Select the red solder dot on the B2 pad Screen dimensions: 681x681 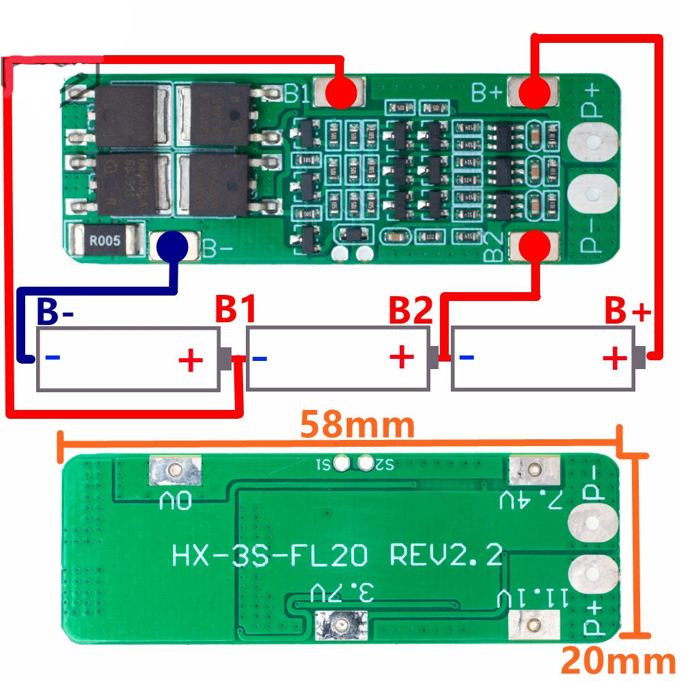pyautogui.click(x=535, y=245)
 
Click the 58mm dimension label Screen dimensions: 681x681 pyautogui.click(x=357, y=426)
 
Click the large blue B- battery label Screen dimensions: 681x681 pyautogui.click(x=55, y=311)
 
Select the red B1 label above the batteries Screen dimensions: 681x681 pyautogui.click(x=236, y=311)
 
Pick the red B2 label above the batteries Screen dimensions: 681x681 pyautogui.click(x=410, y=311)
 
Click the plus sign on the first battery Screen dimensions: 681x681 pyautogui.click(x=191, y=359)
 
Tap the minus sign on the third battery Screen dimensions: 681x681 pyautogui.click(x=467, y=357)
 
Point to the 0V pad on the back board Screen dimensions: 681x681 pyautogui.click(x=176, y=469)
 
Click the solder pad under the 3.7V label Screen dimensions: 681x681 pyautogui.click(x=340, y=623)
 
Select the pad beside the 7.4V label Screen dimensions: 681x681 pyautogui.click(x=535, y=469)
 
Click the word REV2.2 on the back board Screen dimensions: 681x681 pyautogui.click(x=446, y=556)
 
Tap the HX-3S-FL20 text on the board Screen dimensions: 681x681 pyautogui.click(x=270, y=556)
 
